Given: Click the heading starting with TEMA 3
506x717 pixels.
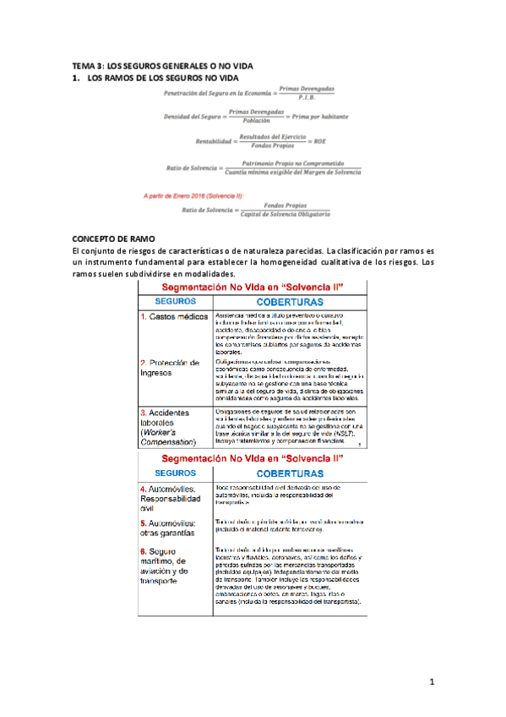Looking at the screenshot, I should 163,66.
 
